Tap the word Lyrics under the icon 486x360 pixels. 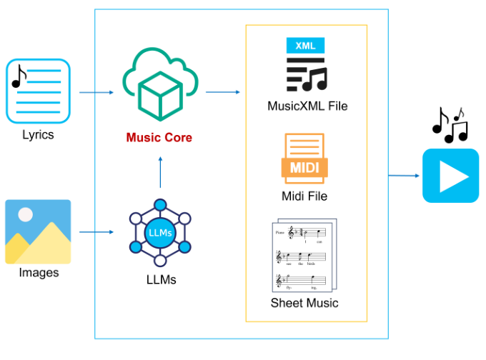(x=38, y=134)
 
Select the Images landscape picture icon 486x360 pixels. (x=38, y=231)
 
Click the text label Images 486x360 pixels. (x=39, y=273)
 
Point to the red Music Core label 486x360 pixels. (x=159, y=137)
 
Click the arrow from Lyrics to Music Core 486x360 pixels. (x=96, y=92)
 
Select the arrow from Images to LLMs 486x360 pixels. (x=96, y=232)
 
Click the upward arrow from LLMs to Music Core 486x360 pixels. (x=160, y=171)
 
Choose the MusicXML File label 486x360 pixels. (x=307, y=106)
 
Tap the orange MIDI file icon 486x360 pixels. (x=304, y=161)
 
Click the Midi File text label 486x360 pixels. (x=304, y=196)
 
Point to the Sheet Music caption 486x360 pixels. (x=304, y=303)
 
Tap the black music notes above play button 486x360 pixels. (x=450, y=125)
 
